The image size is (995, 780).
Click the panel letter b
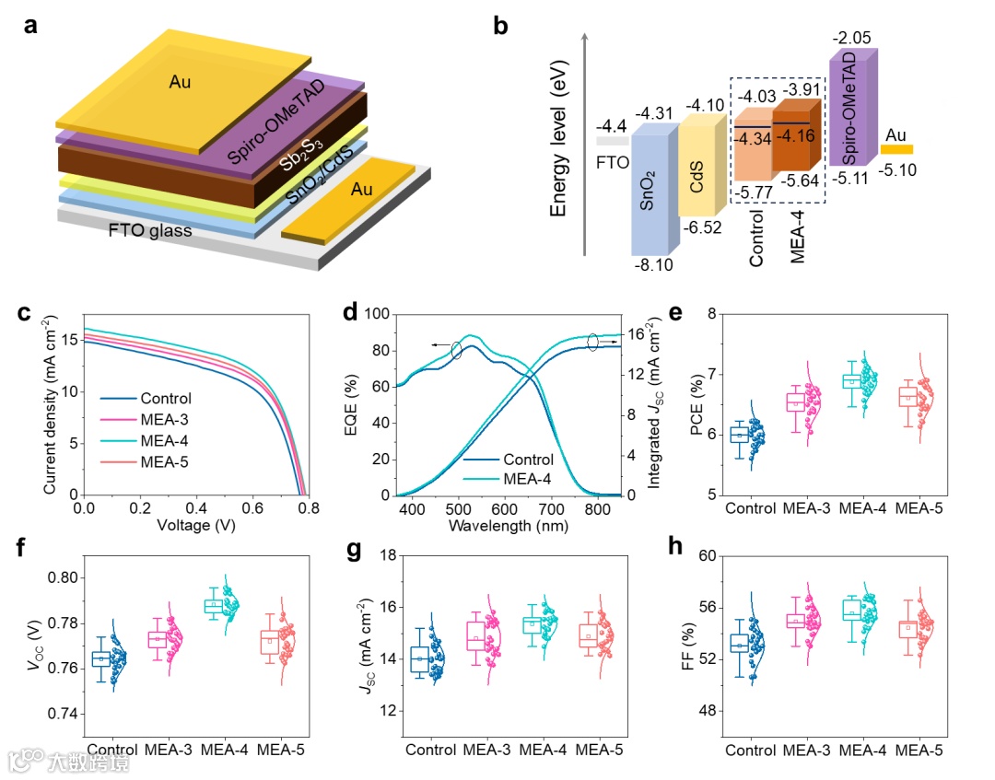click(x=501, y=27)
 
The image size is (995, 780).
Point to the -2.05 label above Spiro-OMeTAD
click(x=852, y=39)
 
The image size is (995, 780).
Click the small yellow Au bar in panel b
click(x=896, y=149)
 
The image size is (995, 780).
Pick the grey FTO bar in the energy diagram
click(x=613, y=142)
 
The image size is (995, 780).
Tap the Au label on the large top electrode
click(x=181, y=82)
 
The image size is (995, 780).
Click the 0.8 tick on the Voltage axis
click(x=308, y=508)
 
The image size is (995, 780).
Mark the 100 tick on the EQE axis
click(x=377, y=314)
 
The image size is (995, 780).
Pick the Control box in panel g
click(x=419, y=658)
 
